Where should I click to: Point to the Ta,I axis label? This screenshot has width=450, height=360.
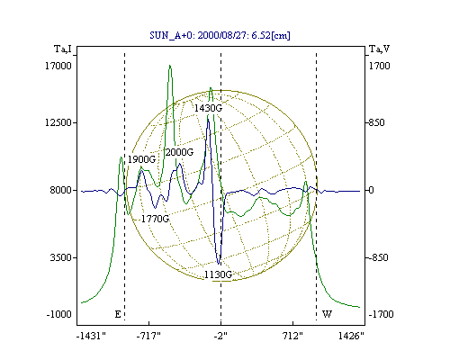pyautogui.click(x=63, y=49)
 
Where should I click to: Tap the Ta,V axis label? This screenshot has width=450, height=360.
pyautogui.click(x=379, y=49)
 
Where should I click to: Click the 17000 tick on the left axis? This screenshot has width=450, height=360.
pyautogui.click(x=58, y=66)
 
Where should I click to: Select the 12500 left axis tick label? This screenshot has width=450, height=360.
pyautogui.click(x=58, y=122)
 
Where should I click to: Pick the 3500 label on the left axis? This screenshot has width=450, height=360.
pyautogui.click(x=61, y=257)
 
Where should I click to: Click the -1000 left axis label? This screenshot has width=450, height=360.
pyautogui.click(x=58, y=314)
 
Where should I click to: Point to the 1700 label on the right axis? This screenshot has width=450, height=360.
pyautogui.click(x=379, y=66)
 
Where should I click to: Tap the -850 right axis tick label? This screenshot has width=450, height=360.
pyautogui.click(x=378, y=257)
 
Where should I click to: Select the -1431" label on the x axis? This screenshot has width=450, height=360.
pyautogui.click(x=91, y=336)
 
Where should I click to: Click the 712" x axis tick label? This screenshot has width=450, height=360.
pyautogui.click(x=292, y=336)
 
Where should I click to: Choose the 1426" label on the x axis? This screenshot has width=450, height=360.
pyautogui.click(x=351, y=336)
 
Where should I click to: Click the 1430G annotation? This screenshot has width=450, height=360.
pyautogui.click(x=208, y=108)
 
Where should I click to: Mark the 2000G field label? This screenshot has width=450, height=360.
pyautogui.click(x=179, y=152)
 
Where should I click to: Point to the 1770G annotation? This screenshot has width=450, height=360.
pyautogui.click(x=155, y=219)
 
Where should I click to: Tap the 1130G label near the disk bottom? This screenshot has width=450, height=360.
pyautogui.click(x=218, y=274)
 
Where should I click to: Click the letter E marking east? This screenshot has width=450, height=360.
pyautogui.click(x=118, y=314)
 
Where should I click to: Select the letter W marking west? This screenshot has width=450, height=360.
pyautogui.click(x=327, y=314)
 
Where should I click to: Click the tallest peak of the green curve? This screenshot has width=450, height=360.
pyautogui.click(x=170, y=66)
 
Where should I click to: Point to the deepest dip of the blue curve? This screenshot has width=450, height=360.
pyautogui.click(x=219, y=264)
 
